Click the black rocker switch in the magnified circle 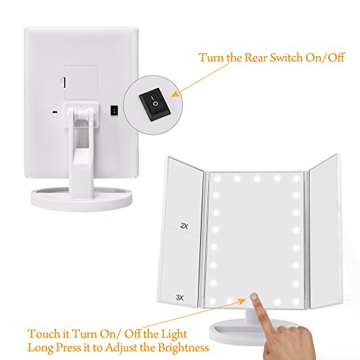point(155,104)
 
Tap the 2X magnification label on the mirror point(184,226)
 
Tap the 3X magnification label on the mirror point(179,297)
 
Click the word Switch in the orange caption point(286,58)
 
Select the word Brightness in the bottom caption point(184,348)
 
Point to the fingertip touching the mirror point(254,297)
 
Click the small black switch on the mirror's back point(114,110)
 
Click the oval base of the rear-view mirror point(81,199)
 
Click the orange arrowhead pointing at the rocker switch point(176,94)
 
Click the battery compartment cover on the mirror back point(81,82)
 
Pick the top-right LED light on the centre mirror point(297,179)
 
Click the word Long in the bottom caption point(41,348)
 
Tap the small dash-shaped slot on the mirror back point(55,112)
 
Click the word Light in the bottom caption point(174,335)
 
